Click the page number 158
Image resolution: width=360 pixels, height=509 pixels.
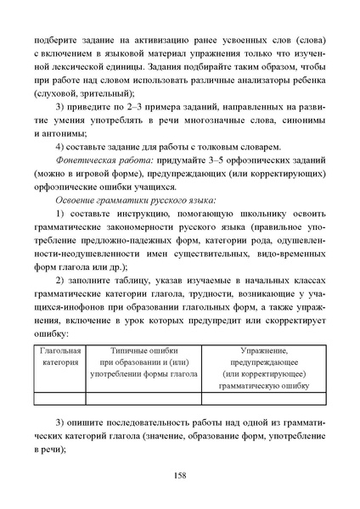[x=179, y=475]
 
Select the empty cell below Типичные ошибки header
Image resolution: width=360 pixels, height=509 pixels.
[x=143, y=396]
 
